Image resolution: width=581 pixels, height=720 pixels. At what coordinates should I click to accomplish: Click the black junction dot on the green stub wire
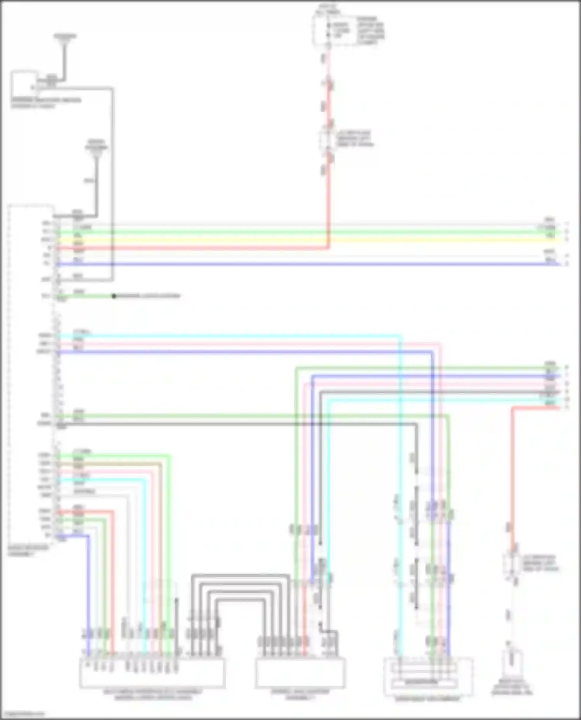click(114, 296)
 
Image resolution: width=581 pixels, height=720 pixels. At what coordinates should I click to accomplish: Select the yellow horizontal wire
click(310, 240)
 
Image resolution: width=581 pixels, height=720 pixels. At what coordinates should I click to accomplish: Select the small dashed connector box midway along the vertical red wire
click(328, 139)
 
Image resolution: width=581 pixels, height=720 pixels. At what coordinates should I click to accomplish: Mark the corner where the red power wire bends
click(329, 248)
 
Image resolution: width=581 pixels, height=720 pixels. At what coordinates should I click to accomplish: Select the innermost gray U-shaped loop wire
click(240, 600)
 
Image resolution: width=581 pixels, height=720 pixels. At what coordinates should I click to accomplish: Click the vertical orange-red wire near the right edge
click(512, 464)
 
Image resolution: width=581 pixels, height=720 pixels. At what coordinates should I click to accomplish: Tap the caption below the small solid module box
click(46, 103)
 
